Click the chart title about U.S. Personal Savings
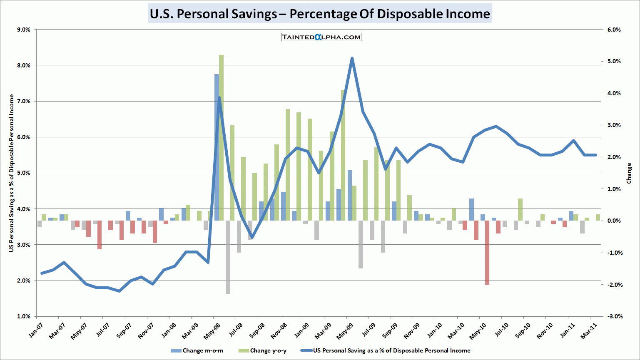coord(320,14)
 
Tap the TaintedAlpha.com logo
coord(321,37)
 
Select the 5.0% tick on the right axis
coord(614,62)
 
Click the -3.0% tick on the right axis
coord(613,316)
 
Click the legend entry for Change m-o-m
coord(197,350)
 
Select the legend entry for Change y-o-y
coord(263,350)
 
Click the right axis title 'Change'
coord(629,173)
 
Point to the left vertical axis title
coord(12,173)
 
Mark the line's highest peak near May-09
coord(352,59)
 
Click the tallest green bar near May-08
coord(221,137)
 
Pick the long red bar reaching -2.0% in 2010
coord(487,252)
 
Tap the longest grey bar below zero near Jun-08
coord(228,257)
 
